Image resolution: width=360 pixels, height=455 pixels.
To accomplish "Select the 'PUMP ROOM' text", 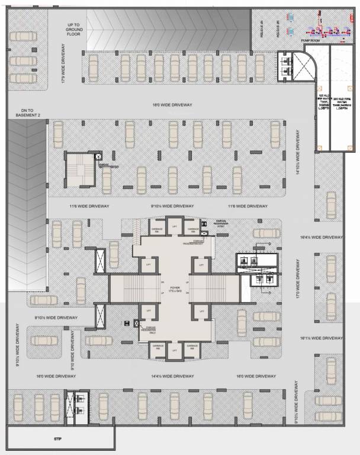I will pyautogui.click(x=310, y=41).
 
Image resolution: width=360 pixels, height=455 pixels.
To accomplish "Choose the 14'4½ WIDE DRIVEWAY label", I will pyautogui.click(x=172, y=376).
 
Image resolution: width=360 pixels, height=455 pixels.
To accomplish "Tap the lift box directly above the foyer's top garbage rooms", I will pyautogui.click(x=174, y=227).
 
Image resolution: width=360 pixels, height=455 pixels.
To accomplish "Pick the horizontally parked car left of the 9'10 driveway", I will pyautogui.click(x=43, y=341).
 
